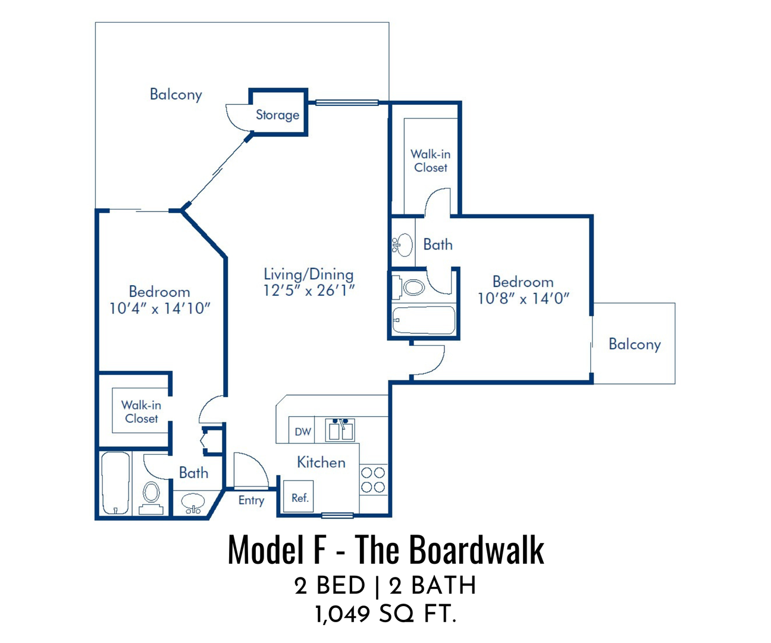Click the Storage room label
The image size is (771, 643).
click(x=277, y=115)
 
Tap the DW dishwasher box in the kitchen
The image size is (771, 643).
click(x=302, y=430)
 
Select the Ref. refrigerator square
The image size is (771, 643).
click(x=299, y=496)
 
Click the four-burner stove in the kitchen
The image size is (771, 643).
click(x=373, y=480)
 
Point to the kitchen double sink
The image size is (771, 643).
click(x=340, y=430)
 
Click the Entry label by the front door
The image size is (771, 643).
click(x=251, y=500)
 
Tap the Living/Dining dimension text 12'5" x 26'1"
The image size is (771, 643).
click(x=309, y=291)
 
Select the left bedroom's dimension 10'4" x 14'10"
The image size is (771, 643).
click(x=159, y=308)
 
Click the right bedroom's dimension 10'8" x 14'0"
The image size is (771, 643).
click(x=524, y=298)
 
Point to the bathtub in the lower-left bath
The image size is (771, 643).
click(x=115, y=483)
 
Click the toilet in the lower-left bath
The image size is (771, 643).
click(x=151, y=497)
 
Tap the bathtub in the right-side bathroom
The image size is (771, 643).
click(x=424, y=320)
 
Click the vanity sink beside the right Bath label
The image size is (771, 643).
click(x=403, y=244)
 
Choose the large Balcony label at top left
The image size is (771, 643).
click(x=175, y=95)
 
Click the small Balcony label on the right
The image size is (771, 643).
click(x=634, y=344)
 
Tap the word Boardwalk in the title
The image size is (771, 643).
click(x=477, y=550)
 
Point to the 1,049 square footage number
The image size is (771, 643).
click(x=342, y=614)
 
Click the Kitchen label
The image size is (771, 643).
click(x=321, y=462)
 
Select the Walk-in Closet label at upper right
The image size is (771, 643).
click(x=431, y=161)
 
